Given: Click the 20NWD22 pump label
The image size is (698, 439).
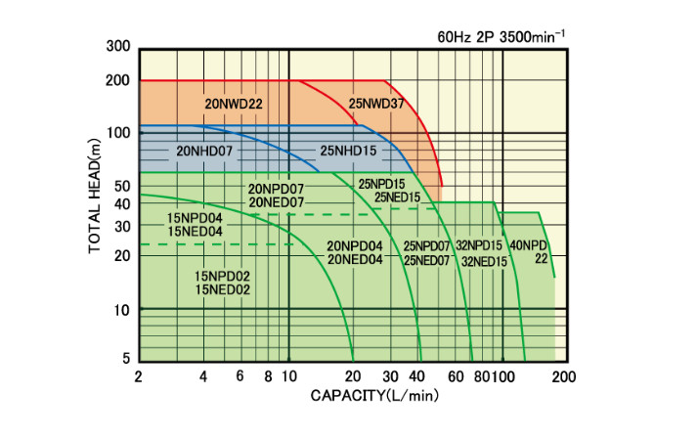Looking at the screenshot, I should point(234,102).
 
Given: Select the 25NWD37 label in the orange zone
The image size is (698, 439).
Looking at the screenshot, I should point(376,102).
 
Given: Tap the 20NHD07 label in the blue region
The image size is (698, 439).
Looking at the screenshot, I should point(204,152).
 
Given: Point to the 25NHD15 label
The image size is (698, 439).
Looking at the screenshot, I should point(348,152).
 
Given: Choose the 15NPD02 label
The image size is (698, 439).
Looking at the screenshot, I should point(223,276).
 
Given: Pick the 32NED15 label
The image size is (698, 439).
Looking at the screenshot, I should point(484,261).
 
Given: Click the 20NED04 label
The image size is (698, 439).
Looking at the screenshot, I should point(355,259).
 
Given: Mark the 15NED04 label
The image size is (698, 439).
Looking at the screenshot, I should point(196,231).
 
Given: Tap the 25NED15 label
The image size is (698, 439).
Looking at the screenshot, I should point(397,197).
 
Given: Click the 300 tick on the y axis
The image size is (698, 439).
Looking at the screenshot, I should point(117,47).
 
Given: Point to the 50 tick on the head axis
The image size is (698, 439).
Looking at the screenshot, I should point(121,186).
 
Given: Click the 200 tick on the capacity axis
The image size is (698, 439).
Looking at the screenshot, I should point(563,376).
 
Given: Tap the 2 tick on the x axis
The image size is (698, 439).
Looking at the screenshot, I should point(139,376).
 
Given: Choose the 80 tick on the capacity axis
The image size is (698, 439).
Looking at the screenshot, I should point(482,376).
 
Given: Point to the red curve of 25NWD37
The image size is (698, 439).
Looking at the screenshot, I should point(422,127).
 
